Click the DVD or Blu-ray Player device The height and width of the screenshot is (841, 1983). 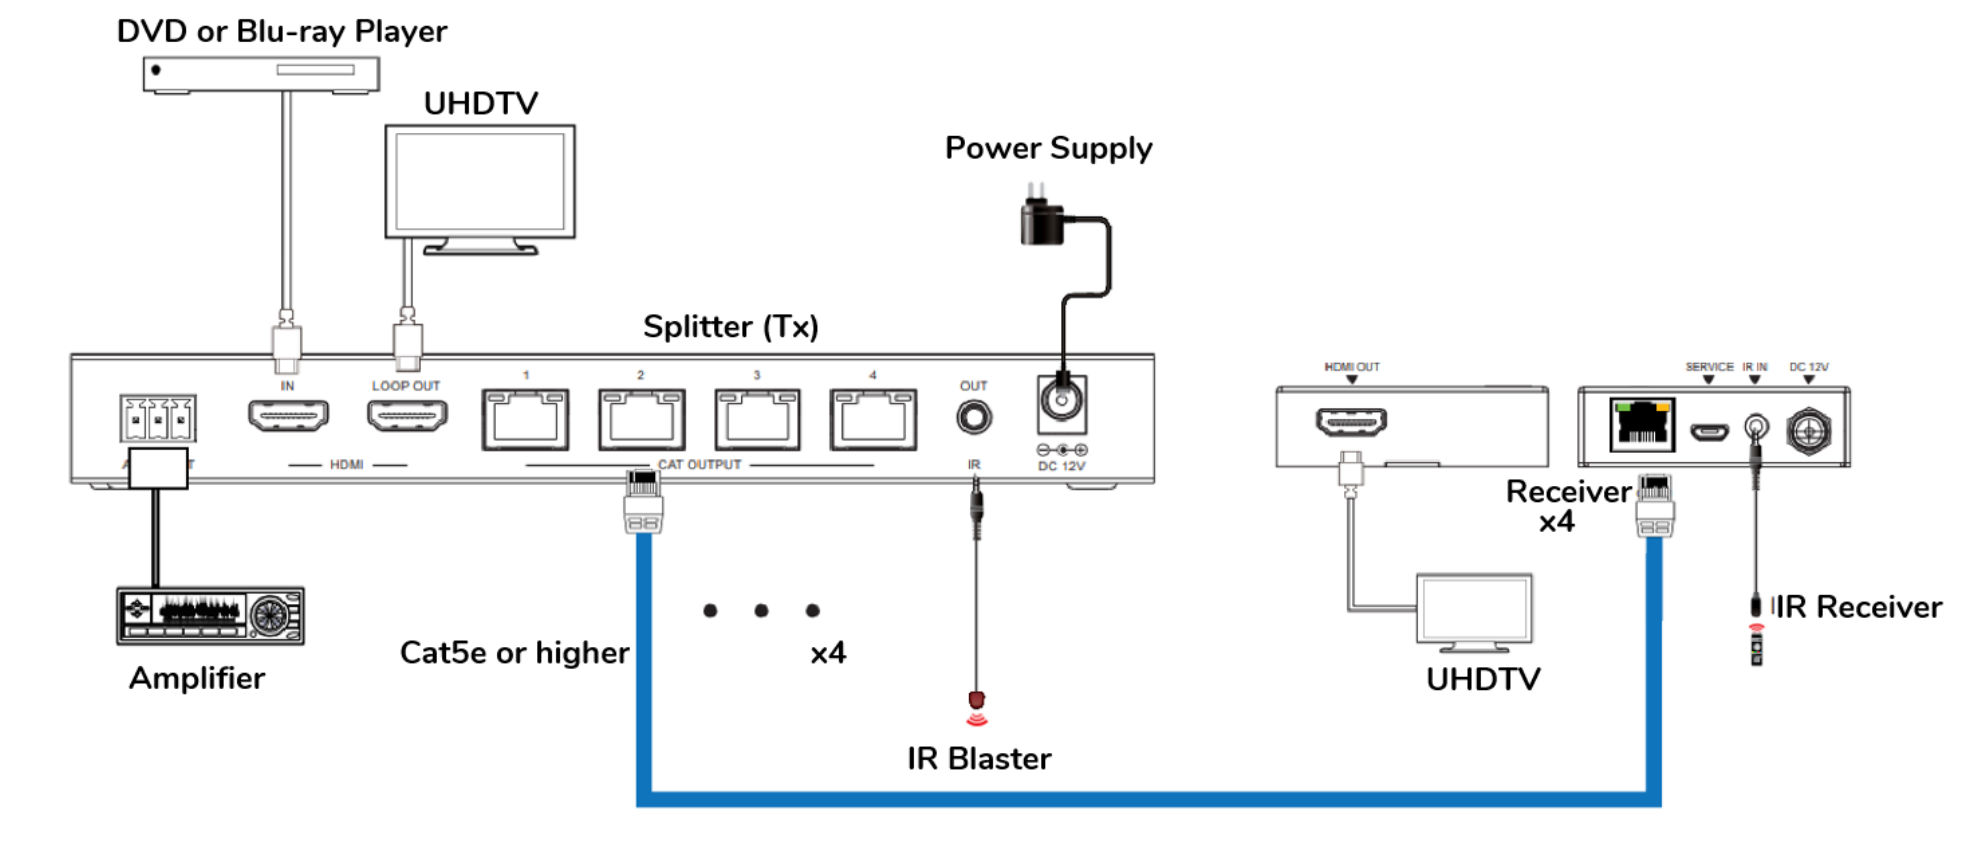[x=261, y=74]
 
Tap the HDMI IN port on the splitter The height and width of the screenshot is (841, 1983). [x=288, y=415]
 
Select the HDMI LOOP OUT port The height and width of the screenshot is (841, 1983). [x=406, y=415]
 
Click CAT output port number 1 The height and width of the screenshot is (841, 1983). [x=526, y=419]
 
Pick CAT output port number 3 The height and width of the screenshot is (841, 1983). [x=757, y=419]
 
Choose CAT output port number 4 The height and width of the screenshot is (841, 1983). [x=873, y=419]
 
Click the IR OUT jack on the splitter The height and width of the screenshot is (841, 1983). [x=973, y=417]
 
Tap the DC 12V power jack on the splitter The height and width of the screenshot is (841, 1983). [x=1061, y=402]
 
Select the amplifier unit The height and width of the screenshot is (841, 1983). [x=210, y=615]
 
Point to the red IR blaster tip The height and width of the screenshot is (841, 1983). [x=977, y=700]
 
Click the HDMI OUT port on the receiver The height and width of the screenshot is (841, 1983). [x=1351, y=422]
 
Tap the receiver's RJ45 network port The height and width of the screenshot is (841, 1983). [x=1642, y=425]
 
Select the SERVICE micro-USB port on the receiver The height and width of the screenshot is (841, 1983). [x=1709, y=432]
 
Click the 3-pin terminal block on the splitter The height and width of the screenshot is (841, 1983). [x=158, y=418]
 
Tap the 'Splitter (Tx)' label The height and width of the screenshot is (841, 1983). [x=730, y=327]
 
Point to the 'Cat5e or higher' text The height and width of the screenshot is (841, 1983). [x=514, y=653]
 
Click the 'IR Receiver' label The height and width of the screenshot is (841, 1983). [x=1859, y=607]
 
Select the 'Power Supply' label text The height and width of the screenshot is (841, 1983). [x=1048, y=149]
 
